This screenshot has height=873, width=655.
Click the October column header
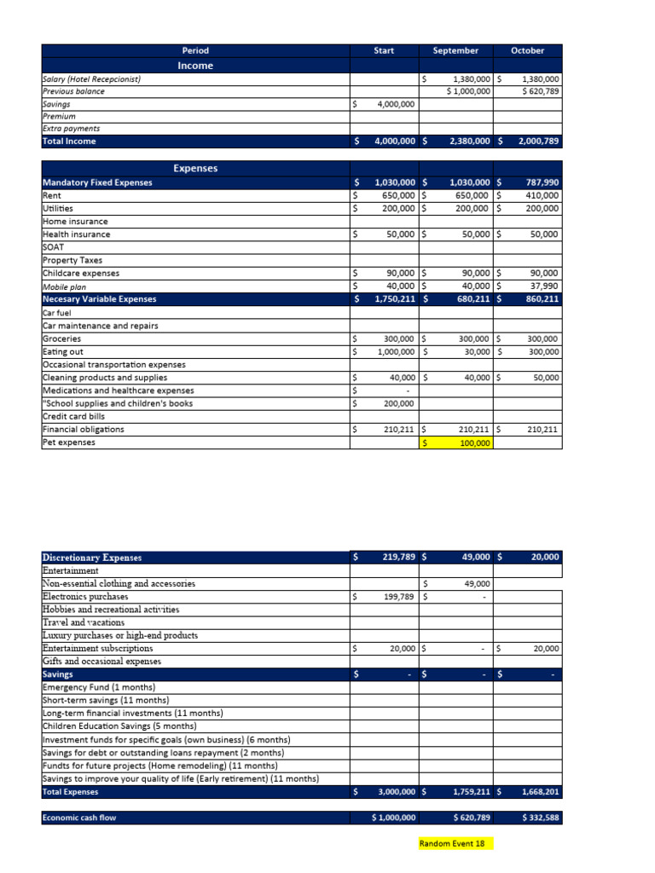527,50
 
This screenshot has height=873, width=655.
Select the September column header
455,50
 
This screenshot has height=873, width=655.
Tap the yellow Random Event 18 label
455,843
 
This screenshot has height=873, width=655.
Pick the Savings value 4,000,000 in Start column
395,104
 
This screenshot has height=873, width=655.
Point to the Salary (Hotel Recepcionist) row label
92,78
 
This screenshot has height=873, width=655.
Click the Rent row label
52,195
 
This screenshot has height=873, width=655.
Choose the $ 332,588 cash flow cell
540,818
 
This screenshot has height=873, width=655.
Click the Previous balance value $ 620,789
540,91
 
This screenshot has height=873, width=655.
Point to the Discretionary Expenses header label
92,558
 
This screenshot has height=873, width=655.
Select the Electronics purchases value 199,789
397,597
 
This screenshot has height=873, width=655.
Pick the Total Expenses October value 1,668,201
539,792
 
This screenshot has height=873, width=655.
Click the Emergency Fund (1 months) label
99,687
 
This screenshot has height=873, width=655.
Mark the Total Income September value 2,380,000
467,142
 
